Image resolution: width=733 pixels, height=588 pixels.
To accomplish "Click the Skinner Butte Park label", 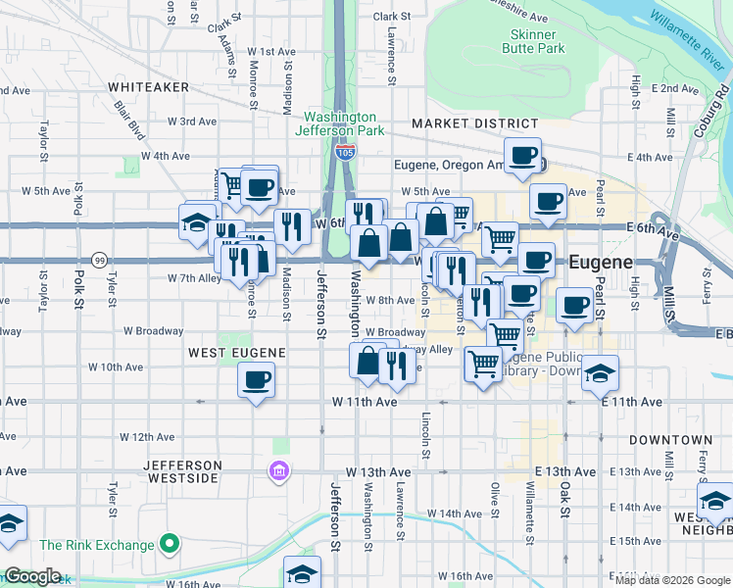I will tap(534, 40).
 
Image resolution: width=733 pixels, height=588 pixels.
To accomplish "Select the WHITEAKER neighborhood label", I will tap(150, 87).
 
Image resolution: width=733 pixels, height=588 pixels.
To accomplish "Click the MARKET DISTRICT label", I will tap(474, 123).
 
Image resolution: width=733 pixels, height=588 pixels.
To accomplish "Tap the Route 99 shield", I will tap(99, 261).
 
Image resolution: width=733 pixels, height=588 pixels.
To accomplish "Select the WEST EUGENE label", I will tap(236, 352).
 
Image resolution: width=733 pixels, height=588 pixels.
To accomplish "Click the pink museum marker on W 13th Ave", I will tap(279, 472).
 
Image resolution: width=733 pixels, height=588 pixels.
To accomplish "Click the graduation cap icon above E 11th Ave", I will tap(600, 372).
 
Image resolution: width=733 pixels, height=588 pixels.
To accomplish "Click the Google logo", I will tap(33, 576).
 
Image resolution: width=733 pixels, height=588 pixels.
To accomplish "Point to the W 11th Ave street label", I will tap(365, 402).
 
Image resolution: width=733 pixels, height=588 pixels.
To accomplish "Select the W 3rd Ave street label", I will tap(191, 122).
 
